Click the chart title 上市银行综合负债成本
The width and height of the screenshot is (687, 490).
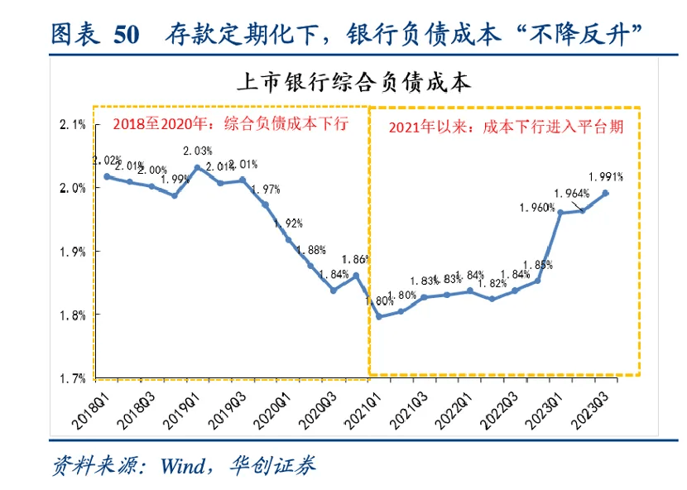[x=353, y=82]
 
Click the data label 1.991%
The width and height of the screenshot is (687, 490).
[x=606, y=176]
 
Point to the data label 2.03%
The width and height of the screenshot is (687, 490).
[x=198, y=151]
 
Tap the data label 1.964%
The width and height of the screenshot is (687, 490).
[x=571, y=194]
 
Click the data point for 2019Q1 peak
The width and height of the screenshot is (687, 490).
[x=197, y=167]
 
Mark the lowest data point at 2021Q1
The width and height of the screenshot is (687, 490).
[x=378, y=316]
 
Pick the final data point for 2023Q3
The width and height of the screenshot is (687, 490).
[x=606, y=193]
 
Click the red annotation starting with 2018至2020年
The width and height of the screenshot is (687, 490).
[x=231, y=124]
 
